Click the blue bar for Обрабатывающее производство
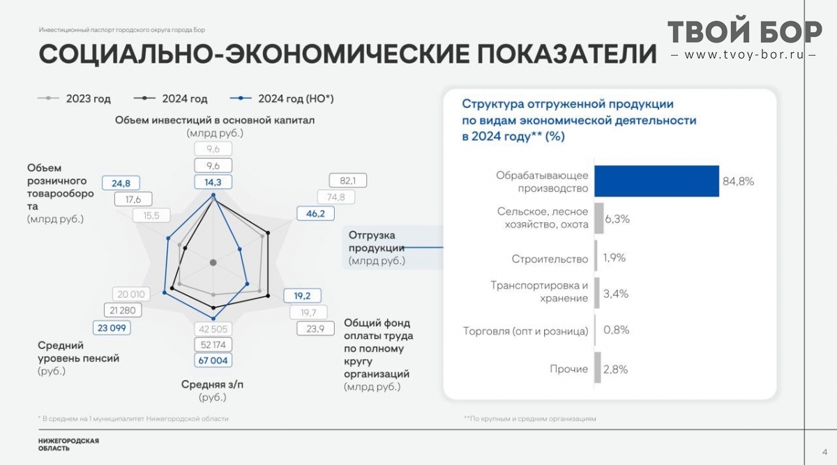(x=656, y=181)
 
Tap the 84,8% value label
(x=739, y=181)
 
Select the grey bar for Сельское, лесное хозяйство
(x=599, y=218)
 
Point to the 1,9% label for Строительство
(x=614, y=258)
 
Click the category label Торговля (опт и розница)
(x=525, y=331)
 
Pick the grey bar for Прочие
(x=598, y=367)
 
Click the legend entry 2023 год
(x=75, y=98)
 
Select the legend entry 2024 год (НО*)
(x=282, y=98)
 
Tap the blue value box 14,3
(x=213, y=182)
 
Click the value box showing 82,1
(x=348, y=181)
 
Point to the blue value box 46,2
(x=316, y=213)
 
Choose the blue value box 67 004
(x=213, y=360)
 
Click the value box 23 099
(x=112, y=328)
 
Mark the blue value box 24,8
(x=121, y=183)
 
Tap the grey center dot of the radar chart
(x=213, y=263)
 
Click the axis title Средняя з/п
(x=212, y=384)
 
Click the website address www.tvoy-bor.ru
(x=744, y=55)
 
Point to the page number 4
(x=824, y=452)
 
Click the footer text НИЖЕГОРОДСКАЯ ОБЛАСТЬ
(x=68, y=445)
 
